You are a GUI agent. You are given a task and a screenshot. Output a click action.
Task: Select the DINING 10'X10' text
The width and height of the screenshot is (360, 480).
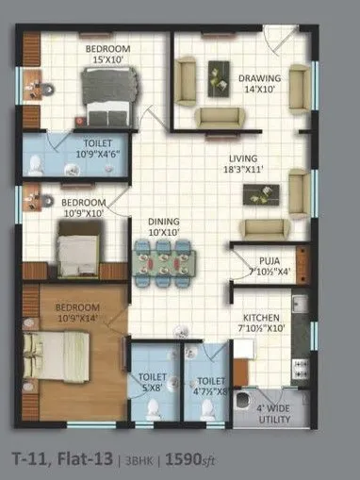[x=164, y=227]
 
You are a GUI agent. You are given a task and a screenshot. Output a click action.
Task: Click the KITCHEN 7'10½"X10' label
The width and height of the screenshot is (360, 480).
[x=261, y=323]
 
